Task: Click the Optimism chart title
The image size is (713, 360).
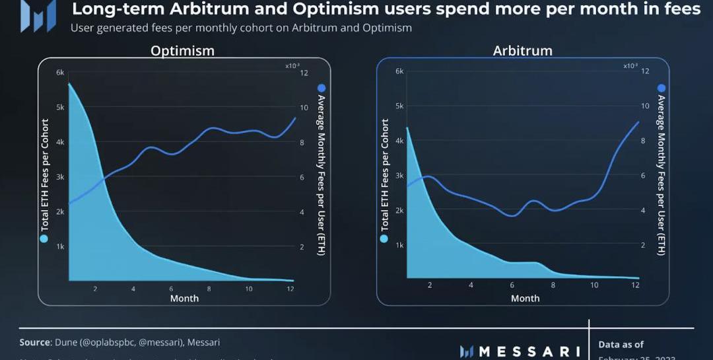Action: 182,51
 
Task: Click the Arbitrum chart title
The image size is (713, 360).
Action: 522,51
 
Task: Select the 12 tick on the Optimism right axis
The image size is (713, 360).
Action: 304,72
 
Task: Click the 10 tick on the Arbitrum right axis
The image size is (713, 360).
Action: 644,106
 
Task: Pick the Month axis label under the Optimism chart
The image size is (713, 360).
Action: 184,298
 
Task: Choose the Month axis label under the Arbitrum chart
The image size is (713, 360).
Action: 525,298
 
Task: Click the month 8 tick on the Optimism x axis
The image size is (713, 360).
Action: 209,289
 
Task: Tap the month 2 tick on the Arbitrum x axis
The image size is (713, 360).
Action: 430,285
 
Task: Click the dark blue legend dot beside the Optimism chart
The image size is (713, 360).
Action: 322,88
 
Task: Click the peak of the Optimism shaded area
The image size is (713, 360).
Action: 69,84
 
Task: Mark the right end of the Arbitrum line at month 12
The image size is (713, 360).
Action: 638,122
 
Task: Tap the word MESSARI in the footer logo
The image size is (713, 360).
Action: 528,351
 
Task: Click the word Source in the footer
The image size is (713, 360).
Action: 35,342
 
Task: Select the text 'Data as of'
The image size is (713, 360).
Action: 621,344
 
